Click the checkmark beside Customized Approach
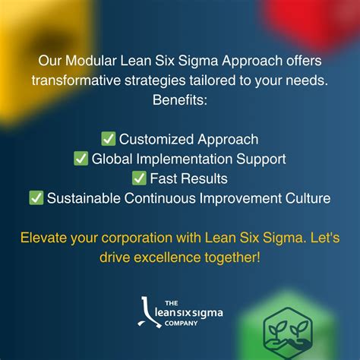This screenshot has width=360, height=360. tap(109, 140)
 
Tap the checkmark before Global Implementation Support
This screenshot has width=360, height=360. tap(81, 159)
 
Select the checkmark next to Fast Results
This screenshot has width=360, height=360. tap(139, 178)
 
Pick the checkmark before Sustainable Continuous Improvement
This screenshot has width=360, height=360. tap(36, 198)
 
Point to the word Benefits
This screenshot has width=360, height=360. tap(180, 100)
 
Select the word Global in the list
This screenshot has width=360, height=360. tap(111, 159)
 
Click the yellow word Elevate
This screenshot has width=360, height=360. tap(46, 238)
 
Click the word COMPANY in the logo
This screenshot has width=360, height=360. tap(179, 323)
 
